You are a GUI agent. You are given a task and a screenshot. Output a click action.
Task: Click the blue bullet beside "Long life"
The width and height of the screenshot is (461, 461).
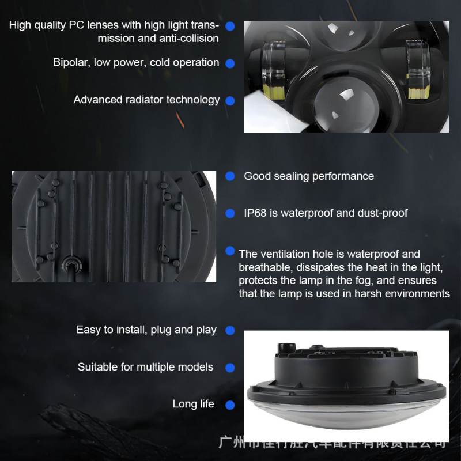[x=230, y=405]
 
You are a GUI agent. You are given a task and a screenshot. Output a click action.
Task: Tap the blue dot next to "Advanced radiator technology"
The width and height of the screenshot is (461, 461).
[x=230, y=100]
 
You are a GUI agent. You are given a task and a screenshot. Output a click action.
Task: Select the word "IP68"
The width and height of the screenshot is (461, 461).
[x=256, y=213]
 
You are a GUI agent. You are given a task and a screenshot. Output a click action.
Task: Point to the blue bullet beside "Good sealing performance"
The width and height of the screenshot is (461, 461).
[x=230, y=176]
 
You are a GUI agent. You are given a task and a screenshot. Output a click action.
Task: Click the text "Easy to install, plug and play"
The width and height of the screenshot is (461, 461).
[x=146, y=330]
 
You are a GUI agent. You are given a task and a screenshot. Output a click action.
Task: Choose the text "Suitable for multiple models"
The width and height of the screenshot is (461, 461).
[x=145, y=367]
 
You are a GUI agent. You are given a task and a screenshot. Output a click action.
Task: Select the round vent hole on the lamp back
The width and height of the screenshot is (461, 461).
[x=72, y=264]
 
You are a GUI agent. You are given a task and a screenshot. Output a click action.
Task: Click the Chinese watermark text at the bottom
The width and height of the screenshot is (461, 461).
[x=334, y=444]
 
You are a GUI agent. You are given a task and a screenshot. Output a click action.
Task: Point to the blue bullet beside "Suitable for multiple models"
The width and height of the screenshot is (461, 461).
[x=230, y=368]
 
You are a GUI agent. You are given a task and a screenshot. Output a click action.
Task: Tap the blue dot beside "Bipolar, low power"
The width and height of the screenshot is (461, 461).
[x=230, y=63]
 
